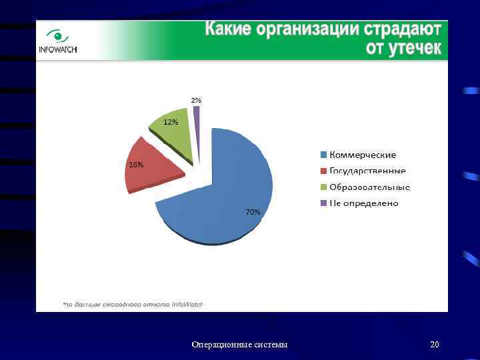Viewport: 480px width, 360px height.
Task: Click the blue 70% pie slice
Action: click(227, 193)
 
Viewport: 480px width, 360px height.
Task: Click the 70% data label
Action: click(253, 212)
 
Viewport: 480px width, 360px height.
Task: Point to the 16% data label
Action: click(135, 165)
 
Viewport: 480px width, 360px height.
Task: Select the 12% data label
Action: click(171, 122)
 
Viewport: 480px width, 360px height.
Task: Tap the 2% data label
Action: click(196, 100)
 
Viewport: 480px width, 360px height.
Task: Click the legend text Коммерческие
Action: click(363, 155)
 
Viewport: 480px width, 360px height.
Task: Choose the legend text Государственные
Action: click(367, 171)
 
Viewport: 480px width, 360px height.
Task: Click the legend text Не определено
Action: click(363, 203)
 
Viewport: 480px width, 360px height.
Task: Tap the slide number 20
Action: click(435, 345)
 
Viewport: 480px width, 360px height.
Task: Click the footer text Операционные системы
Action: click(239, 345)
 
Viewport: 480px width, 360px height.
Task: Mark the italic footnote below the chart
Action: click(133, 304)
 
